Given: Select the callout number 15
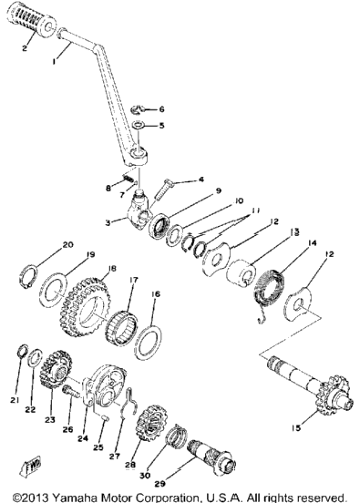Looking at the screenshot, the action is click(x=296, y=427).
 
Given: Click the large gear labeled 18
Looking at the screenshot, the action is click(x=86, y=307).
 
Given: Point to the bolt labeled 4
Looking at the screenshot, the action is click(x=163, y=190).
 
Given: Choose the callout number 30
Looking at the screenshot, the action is click(x=145, y=475).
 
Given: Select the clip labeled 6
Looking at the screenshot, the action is click(x=138, y=108).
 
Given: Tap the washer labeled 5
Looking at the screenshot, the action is click(x=139, y=125).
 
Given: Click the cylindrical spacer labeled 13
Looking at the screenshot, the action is click(x=241, y=273).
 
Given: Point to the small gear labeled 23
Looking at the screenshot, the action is click(x=56, y=368).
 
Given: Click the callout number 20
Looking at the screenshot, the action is click(x=67, y=245).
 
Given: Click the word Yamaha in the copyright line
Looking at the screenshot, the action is click(x=76, y=498).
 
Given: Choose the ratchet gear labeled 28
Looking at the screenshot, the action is click(x=151, y=424).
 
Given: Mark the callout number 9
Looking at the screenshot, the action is click(x=219, y=190).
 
